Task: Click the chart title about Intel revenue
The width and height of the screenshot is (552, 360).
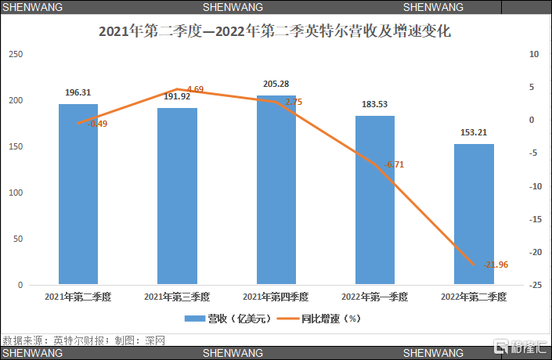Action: pyautogui.click(x=275, y=34)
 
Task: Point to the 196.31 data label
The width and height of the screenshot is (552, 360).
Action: pyautogui.click(x=78, y=92)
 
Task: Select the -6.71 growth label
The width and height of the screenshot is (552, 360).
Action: pyautogui.click(x=394, y=164)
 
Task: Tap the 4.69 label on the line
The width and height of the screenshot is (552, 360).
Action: pyautogui.click(x=193, y=89)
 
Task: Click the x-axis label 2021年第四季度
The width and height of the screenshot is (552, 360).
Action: pyautogui.click(x=276, y=297)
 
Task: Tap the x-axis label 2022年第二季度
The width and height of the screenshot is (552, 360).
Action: pyautogui.click(x=474, y=297)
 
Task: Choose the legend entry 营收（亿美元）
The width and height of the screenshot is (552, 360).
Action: pyautogui.click(x=227, y=319)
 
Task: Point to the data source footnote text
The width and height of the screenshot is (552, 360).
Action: pyautogui.click(x=84, y=340)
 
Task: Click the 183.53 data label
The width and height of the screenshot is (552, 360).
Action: pyautogui.click(x=375, y=104)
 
